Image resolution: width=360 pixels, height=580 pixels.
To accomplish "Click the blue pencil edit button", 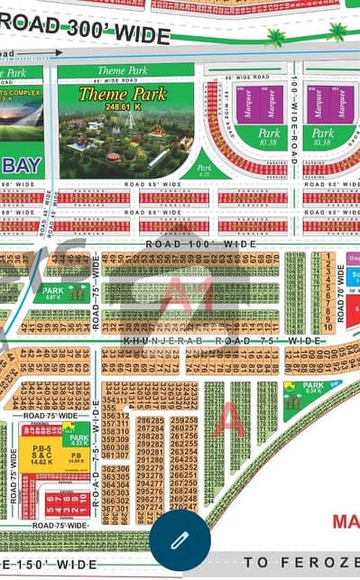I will (x=180, y=539).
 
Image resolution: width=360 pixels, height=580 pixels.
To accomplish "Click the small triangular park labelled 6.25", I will (x=205, y=167).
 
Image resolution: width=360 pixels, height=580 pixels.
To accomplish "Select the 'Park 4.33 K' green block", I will (x=78, y=439).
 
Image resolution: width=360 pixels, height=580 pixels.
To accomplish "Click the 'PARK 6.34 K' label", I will (x=310, y=389).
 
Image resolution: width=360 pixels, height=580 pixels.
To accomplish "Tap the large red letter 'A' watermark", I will (x=229, y=420).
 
